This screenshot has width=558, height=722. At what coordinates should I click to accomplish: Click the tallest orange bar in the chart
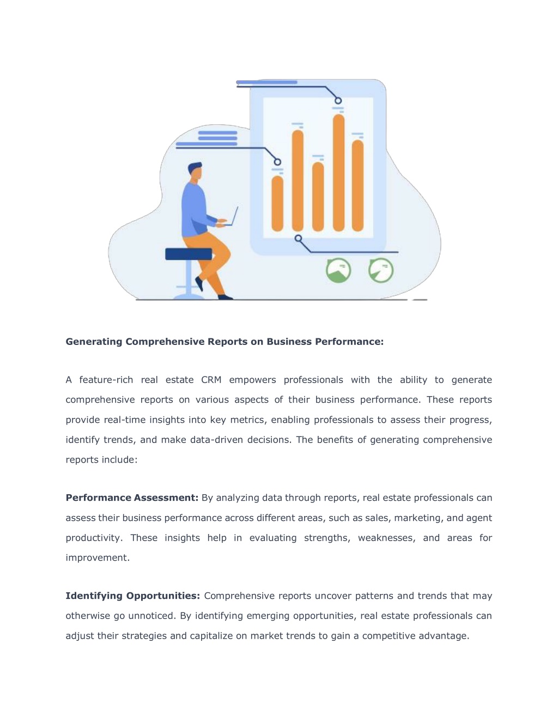point(338,172)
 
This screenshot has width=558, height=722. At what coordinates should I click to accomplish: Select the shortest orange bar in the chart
point(277,203)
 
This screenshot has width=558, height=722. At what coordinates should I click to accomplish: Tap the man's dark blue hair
point(194,167)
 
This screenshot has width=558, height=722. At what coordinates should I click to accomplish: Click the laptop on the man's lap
point(232,217)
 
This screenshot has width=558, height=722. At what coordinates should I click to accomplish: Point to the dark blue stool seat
point(189,254)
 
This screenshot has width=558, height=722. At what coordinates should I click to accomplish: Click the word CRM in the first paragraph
point(211,380)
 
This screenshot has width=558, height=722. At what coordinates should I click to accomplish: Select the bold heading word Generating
point(94,342)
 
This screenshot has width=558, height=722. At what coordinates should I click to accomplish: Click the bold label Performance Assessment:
point(132,497)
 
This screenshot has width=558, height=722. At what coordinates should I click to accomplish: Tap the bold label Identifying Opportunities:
point(133,596)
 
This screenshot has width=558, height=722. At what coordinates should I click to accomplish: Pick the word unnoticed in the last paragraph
point(151,616)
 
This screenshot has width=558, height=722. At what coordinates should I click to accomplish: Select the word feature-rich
point(106,380)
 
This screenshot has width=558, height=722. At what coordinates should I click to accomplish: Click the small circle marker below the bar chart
point(298,238)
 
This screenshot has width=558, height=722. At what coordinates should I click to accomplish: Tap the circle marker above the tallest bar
point(338,100)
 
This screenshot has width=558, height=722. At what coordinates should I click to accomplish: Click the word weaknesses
point(386,538)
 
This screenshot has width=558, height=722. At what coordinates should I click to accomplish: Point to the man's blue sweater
point(195,209)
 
